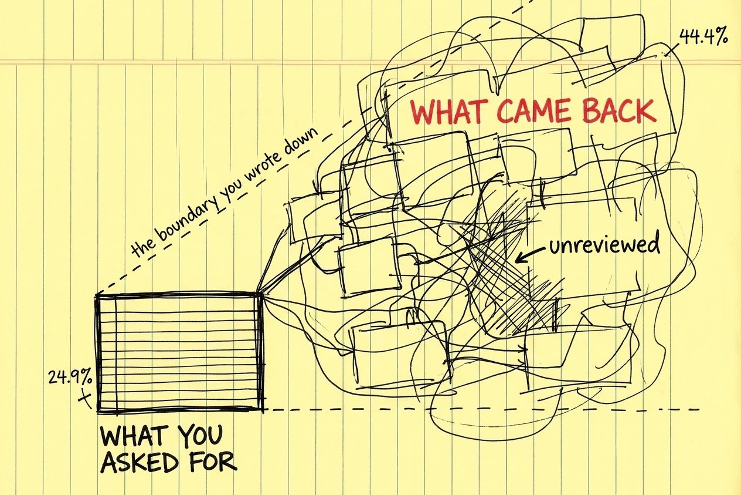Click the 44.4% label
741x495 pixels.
703,37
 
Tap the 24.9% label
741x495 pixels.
70,378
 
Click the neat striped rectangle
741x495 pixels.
181,352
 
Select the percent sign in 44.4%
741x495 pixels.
720,37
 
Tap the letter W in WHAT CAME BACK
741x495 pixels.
423,114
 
